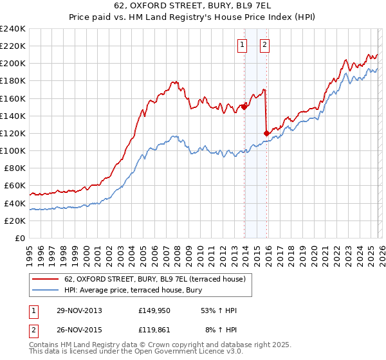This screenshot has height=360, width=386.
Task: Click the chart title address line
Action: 192,7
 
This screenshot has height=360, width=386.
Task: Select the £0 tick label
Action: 20,238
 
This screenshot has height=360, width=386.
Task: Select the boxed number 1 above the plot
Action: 243,44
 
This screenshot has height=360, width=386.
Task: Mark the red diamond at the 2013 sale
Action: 244,107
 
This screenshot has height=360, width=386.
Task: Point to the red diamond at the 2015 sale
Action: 266,133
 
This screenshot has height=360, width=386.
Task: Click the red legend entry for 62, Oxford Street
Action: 155,279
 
